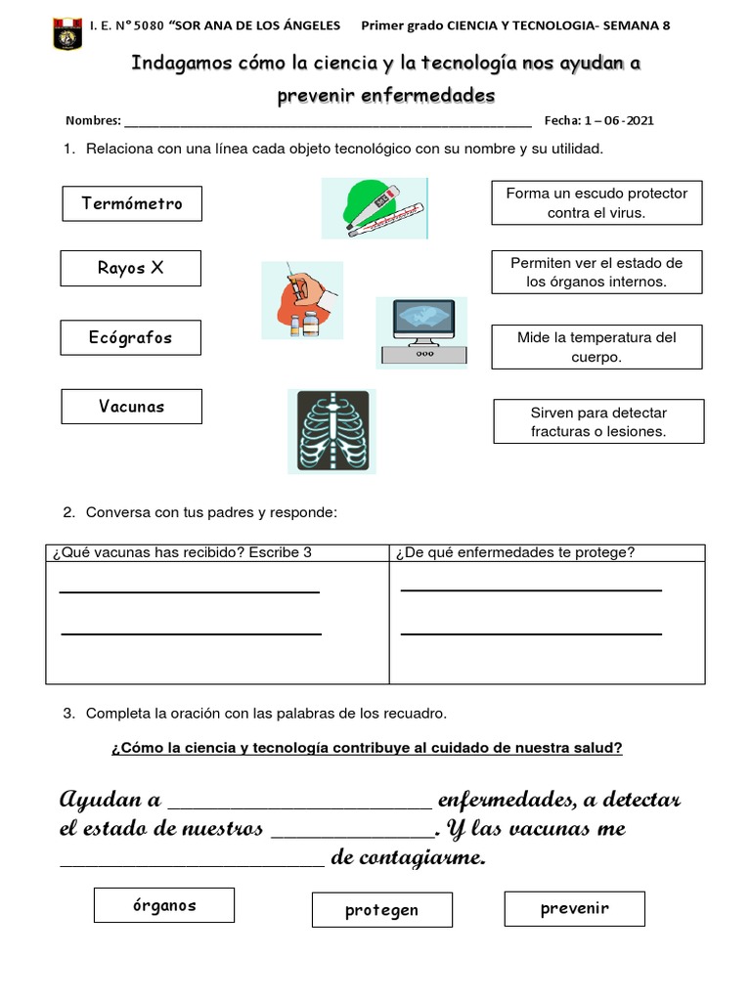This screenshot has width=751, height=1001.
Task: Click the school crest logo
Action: (67, 32)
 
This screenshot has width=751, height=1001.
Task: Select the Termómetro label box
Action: (131, 203)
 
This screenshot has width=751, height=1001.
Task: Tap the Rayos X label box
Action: (130, 268)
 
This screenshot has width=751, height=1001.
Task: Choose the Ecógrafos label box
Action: (130, 337)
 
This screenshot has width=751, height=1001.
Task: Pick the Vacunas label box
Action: (131, 407)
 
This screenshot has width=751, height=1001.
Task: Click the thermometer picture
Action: (375, 208)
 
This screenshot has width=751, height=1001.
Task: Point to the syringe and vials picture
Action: (302, 300)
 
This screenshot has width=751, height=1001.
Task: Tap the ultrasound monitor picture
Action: (421, 332)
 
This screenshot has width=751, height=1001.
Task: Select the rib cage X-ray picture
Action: (331, 431)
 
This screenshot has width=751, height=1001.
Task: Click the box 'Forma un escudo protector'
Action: (596, 202)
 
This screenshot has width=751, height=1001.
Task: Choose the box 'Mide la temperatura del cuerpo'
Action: (596, 347)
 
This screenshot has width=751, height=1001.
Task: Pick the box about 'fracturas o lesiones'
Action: (597, 421)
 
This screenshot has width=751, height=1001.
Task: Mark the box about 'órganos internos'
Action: (596, 272)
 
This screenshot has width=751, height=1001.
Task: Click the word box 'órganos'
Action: (164, 905)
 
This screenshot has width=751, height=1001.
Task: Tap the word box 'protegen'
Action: (381, 910)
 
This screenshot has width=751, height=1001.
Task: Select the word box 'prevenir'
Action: (574, 908)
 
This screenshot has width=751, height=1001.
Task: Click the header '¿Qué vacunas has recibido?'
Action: (182, 552)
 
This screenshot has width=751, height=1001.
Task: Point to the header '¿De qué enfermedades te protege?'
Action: (514, 552)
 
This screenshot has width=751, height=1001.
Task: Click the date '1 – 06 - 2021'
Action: (619, 121)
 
